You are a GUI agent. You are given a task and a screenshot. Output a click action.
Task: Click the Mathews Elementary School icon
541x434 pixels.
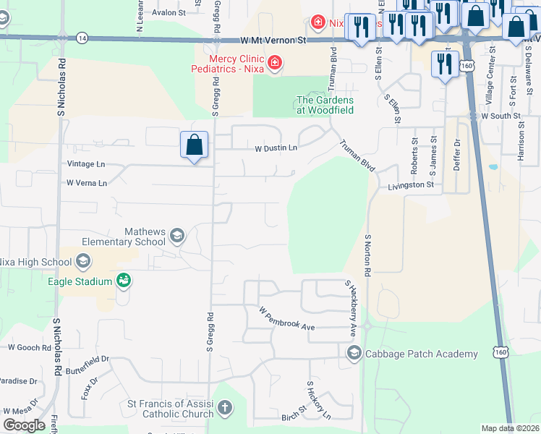pyautogui.click(x=176, y=236)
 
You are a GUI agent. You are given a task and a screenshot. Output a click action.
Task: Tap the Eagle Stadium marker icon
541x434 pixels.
pyautogui.click(x=123, y=281)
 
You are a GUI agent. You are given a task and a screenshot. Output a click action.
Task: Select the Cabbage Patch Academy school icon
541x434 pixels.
pyautogui.click(x=354, y=353)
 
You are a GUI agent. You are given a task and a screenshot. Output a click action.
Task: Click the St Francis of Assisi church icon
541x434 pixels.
pyautogui.click(x=224, y=409)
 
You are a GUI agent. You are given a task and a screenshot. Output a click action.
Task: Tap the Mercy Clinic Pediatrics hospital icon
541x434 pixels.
pyautogui.click(x=274, y=63)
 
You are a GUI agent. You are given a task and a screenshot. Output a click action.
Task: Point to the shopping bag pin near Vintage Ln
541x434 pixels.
pyautogui.click(x=195, y=145)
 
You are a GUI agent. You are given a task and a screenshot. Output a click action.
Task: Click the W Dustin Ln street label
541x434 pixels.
pyautogui.click(x=276, y=148)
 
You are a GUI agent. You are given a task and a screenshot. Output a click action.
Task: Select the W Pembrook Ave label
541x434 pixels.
pyautogui.click(x=287, y=319)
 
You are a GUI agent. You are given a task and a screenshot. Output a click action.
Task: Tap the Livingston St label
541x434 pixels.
pyautogui.click(x=410, y=185)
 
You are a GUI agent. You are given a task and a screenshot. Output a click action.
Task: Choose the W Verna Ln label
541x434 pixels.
pyautogui.click(x=87, y=183)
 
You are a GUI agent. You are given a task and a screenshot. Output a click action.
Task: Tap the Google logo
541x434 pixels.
pyautogui.click(x=24, y=425)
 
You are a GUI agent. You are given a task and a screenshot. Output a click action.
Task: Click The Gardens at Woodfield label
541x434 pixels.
pyautogui.click(x=325, y=105)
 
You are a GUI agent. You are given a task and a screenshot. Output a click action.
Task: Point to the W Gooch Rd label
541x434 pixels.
pyautogui.click(x=27, y=347)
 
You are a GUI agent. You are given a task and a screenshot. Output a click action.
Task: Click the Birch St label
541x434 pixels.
pyautogui.click(x=294, y=417)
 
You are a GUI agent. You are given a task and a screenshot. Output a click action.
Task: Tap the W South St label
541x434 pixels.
pyautogui.click(x=500, y=116)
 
